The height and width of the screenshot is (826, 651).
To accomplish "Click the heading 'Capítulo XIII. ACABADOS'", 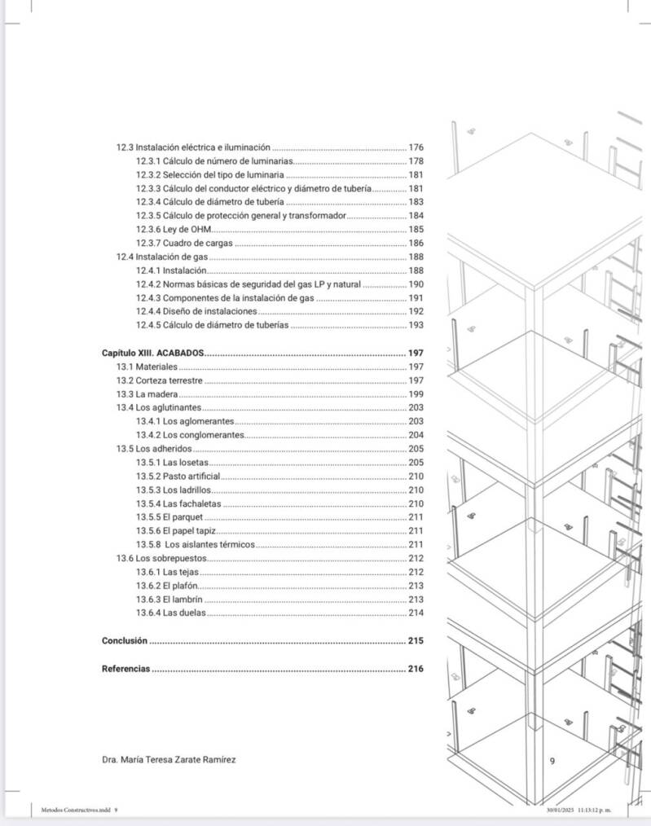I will click(x=152, y=354).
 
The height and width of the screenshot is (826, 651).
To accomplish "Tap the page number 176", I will click(x=416, y=147).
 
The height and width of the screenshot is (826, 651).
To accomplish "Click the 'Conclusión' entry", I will click(x=125, y=641).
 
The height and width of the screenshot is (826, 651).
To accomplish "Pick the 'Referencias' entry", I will click(x=126, y=669).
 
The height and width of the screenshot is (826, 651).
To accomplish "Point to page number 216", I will click(x=416, y=669).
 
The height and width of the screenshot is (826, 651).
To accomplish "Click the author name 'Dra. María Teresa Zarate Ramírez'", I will click(x=169, y=760).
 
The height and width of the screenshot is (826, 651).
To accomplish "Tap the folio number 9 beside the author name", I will click(x=552, y=761).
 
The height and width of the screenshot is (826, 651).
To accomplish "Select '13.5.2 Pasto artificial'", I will click(x=178, y=477).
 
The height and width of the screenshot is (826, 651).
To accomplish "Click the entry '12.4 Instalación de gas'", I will click(x=161, y=257).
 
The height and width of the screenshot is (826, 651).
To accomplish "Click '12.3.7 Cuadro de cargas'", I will click(x=184, y=244).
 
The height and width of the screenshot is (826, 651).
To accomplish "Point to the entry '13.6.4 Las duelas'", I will click(x=171, y=613).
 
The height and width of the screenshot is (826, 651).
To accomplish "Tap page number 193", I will click(x=416, y=325).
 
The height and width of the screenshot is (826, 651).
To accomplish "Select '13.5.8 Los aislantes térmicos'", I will click(x=196, y=544).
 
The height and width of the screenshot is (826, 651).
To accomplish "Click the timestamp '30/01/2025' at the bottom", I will click(x=562, y=810).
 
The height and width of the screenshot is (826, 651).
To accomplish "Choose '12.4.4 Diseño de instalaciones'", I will click(x=196, y=311).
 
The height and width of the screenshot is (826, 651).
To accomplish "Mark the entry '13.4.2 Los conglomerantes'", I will click(x=190, y=435).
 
